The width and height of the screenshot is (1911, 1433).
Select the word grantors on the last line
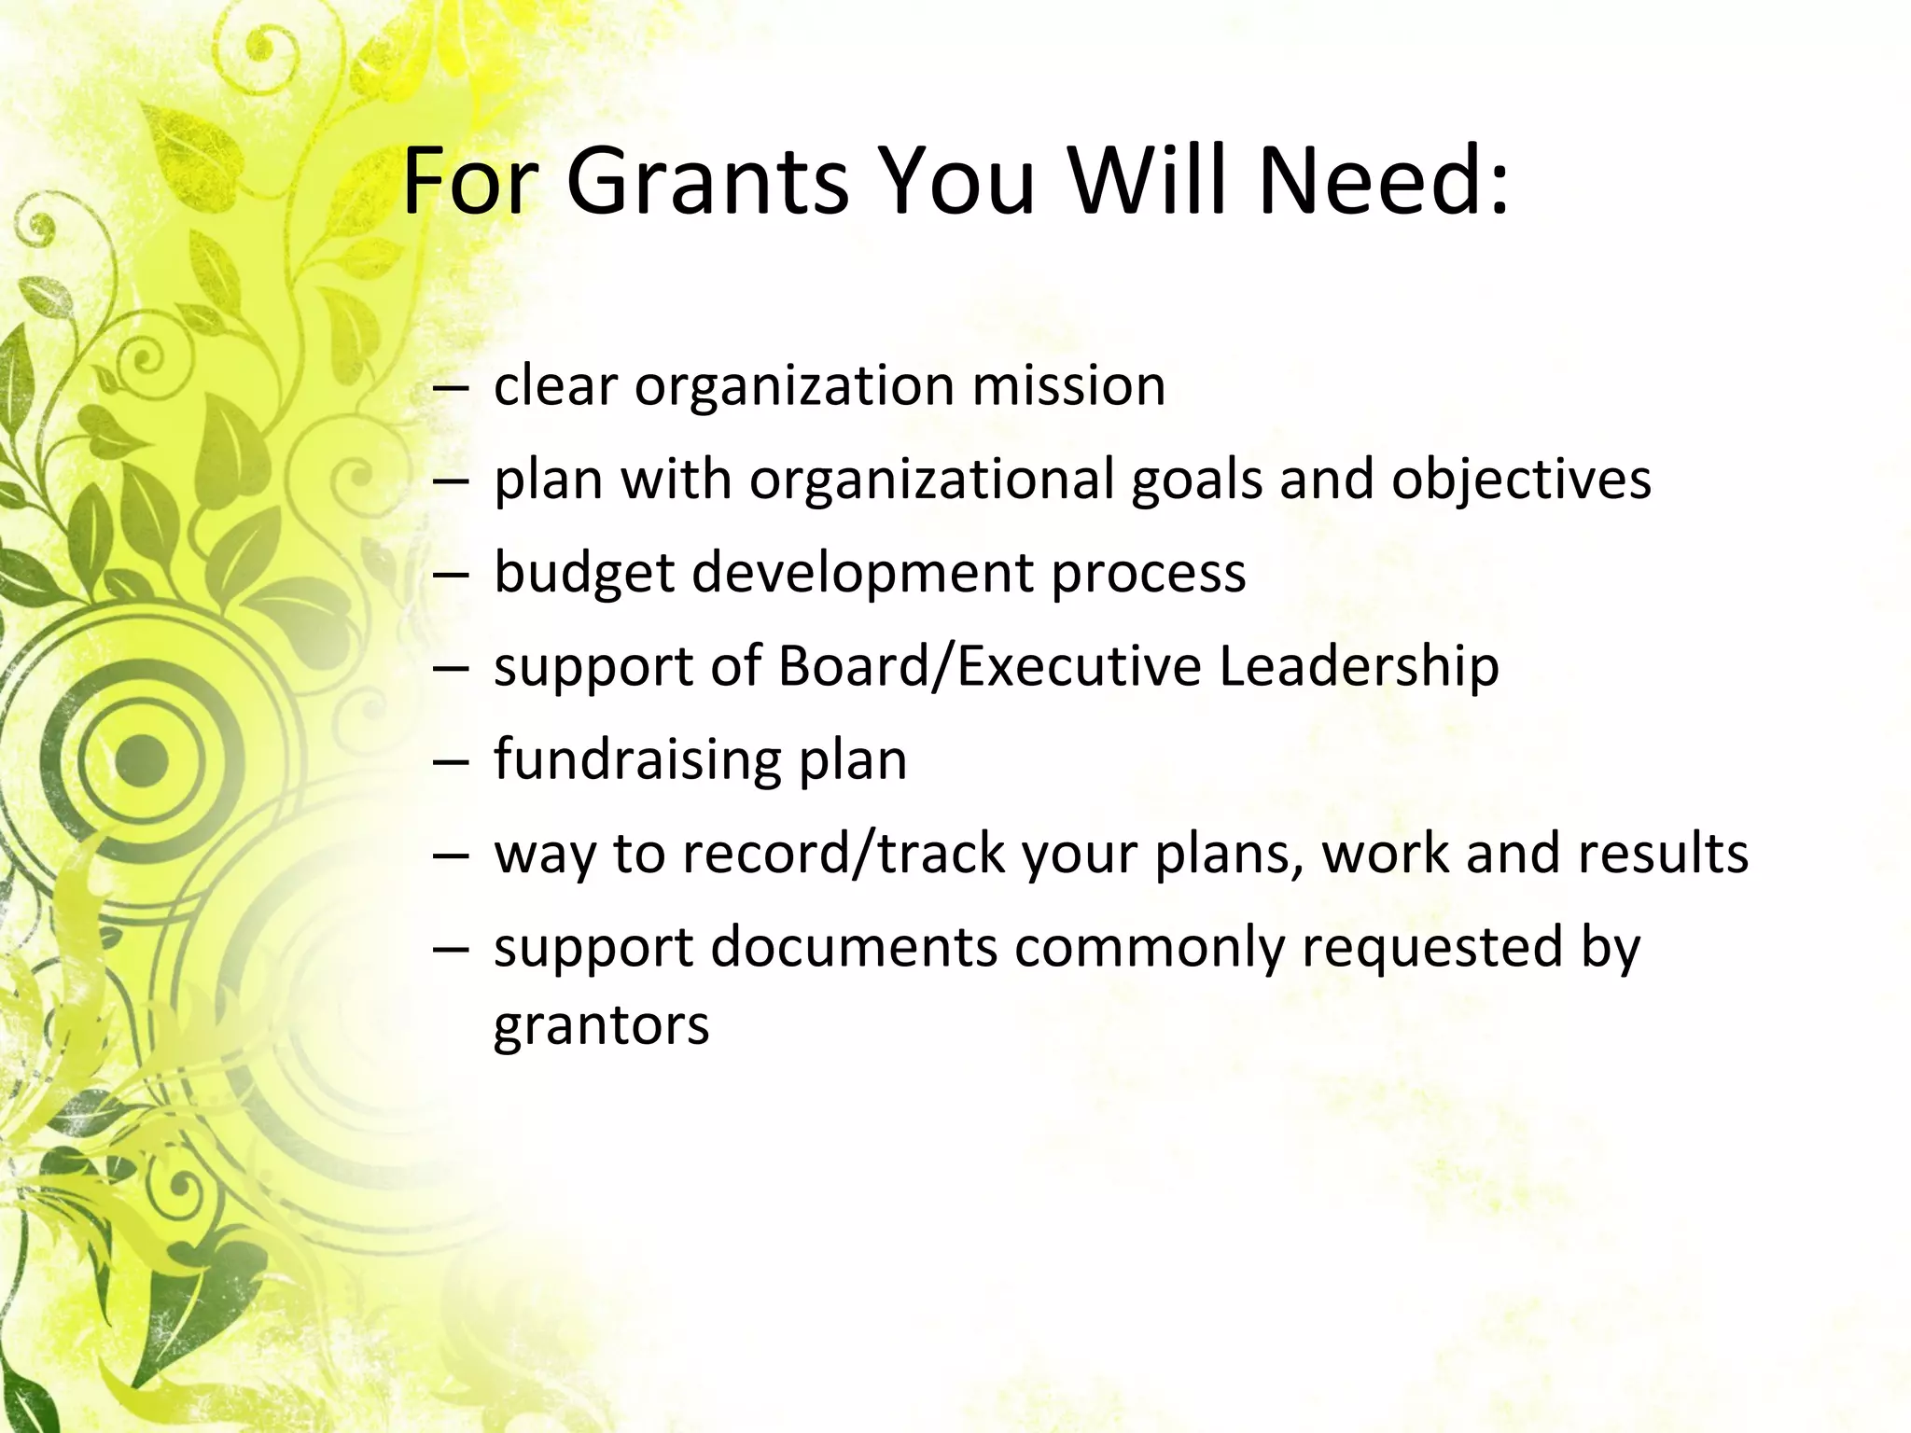click(601, 1025)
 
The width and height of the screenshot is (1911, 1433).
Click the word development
click(863, 573)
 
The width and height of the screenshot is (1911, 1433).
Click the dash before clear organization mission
click(449, 387)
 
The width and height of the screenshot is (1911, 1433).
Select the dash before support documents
click(449, 949)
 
